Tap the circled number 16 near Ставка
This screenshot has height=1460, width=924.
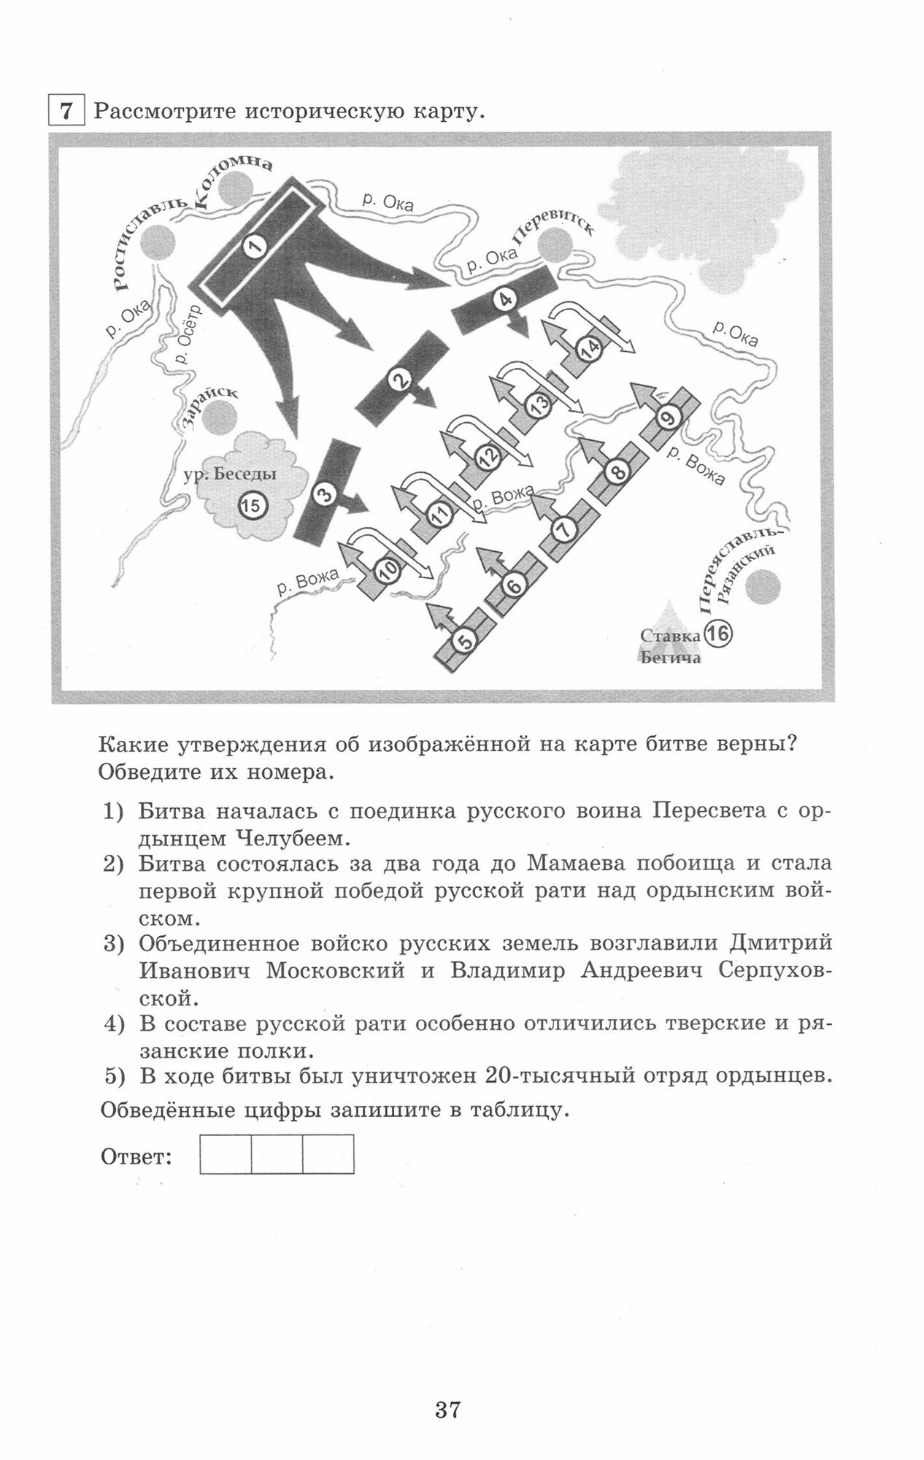click(718, 634)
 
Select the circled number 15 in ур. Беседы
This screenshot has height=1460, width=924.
click(250, 505)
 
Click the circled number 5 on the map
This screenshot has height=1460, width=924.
click(465, 640)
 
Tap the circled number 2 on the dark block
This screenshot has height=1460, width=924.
click(399, 380)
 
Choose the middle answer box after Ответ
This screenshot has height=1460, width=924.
click(277, 1154)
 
